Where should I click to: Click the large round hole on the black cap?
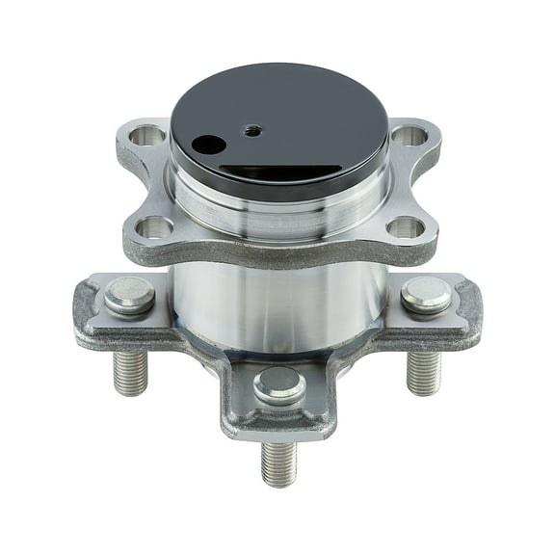[x=208, y=145]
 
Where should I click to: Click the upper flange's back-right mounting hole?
[x=409, y=136]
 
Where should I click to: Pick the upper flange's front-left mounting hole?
[x=154, y=227]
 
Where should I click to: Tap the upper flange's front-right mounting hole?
[x=406, y=227]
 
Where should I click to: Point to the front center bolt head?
[x=279, y=384]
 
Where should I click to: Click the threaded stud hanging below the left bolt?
[x=130, y=372]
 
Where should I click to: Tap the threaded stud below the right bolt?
[x=423, y=372]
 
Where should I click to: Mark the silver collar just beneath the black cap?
[x=279, y=207]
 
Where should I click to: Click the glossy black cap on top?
[x=289, y=106]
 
